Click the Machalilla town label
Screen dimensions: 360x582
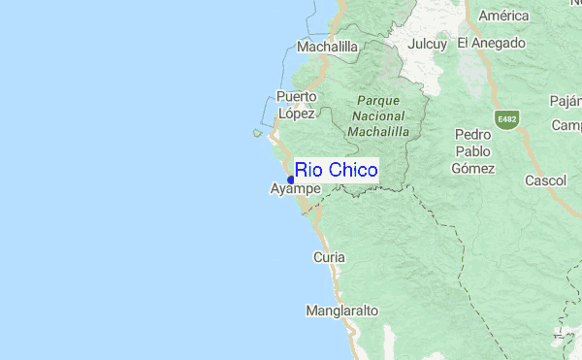[327, 46]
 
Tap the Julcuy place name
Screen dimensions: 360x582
[427, 44]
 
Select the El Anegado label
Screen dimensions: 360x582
[491, 43]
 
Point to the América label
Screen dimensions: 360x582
[503, 16]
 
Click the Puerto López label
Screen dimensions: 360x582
[296, 105]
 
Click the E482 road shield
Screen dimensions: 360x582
[505, 119]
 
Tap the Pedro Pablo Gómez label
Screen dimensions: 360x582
[472, 150]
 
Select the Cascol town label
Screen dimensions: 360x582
[545, 180]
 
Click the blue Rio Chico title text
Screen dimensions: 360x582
[336, 171]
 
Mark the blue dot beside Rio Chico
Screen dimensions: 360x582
[291, 178]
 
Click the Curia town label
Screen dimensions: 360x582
[329, 257]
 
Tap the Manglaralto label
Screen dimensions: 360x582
[341, 311]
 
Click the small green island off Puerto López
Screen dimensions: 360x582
[258, 134]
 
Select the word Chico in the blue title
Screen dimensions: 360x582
[353, 171]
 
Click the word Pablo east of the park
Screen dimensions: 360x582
[472, 150]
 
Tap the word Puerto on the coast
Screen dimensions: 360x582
[296, 96]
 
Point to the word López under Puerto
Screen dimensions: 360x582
[296, 114]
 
